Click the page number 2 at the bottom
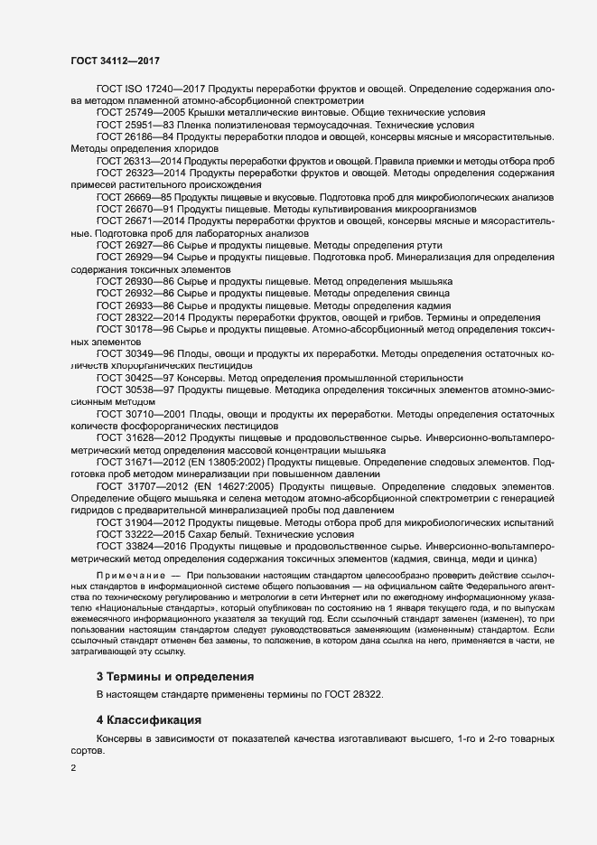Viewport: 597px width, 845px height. [x=73, y=768]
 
